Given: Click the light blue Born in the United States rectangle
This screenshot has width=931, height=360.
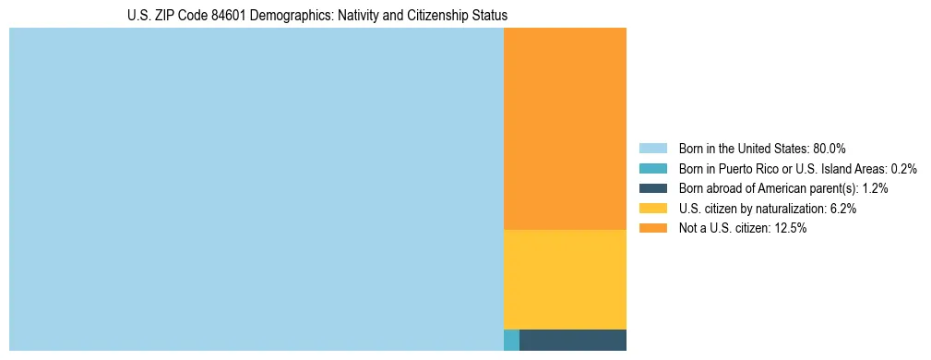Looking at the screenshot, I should tap(256, 189).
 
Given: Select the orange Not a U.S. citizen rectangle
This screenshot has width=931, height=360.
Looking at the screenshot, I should tap(565, 128).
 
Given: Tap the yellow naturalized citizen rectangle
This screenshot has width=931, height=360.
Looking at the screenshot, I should tap(565, 279).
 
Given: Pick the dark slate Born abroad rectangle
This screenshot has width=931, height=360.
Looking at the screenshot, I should tap(573, 340).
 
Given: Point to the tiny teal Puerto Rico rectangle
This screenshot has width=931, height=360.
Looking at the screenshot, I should tap(511, 340).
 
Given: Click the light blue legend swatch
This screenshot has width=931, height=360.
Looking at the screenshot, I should tap(652, 148).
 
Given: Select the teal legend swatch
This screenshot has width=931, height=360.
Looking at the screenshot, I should tap(652, 168).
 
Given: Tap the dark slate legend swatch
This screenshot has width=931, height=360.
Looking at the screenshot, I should tap(652, 188).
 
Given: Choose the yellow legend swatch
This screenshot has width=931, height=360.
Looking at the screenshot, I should tap(652, 209).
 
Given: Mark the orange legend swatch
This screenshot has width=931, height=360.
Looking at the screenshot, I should tap(652, 228).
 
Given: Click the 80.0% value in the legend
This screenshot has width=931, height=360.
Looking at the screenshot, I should tap(829, 148).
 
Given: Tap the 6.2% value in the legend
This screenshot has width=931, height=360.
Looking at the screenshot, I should tap(841, 209).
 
